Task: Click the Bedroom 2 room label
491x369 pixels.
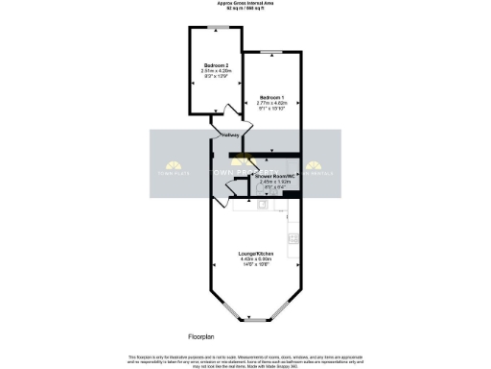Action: (x=215, y=65)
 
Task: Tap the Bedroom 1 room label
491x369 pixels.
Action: (x=273, y=98)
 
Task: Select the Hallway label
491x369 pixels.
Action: (x=230, y=135)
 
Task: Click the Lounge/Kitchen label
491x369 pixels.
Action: (x=256, y=253)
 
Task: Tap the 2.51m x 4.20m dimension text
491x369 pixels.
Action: (x=215, y=71)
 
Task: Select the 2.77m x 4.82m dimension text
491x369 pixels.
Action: (x=273, y=104)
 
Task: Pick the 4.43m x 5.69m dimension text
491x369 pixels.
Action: (x=256, y=258)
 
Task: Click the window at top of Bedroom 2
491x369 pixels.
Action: (x=215, y=29)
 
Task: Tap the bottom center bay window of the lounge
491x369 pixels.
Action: (x=256, y=319)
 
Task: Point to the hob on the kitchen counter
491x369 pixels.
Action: (x=293, y=236)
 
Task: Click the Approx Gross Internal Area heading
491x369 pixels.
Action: (x=245, y=5)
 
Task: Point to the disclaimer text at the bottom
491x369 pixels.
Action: (x=245, y=359)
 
